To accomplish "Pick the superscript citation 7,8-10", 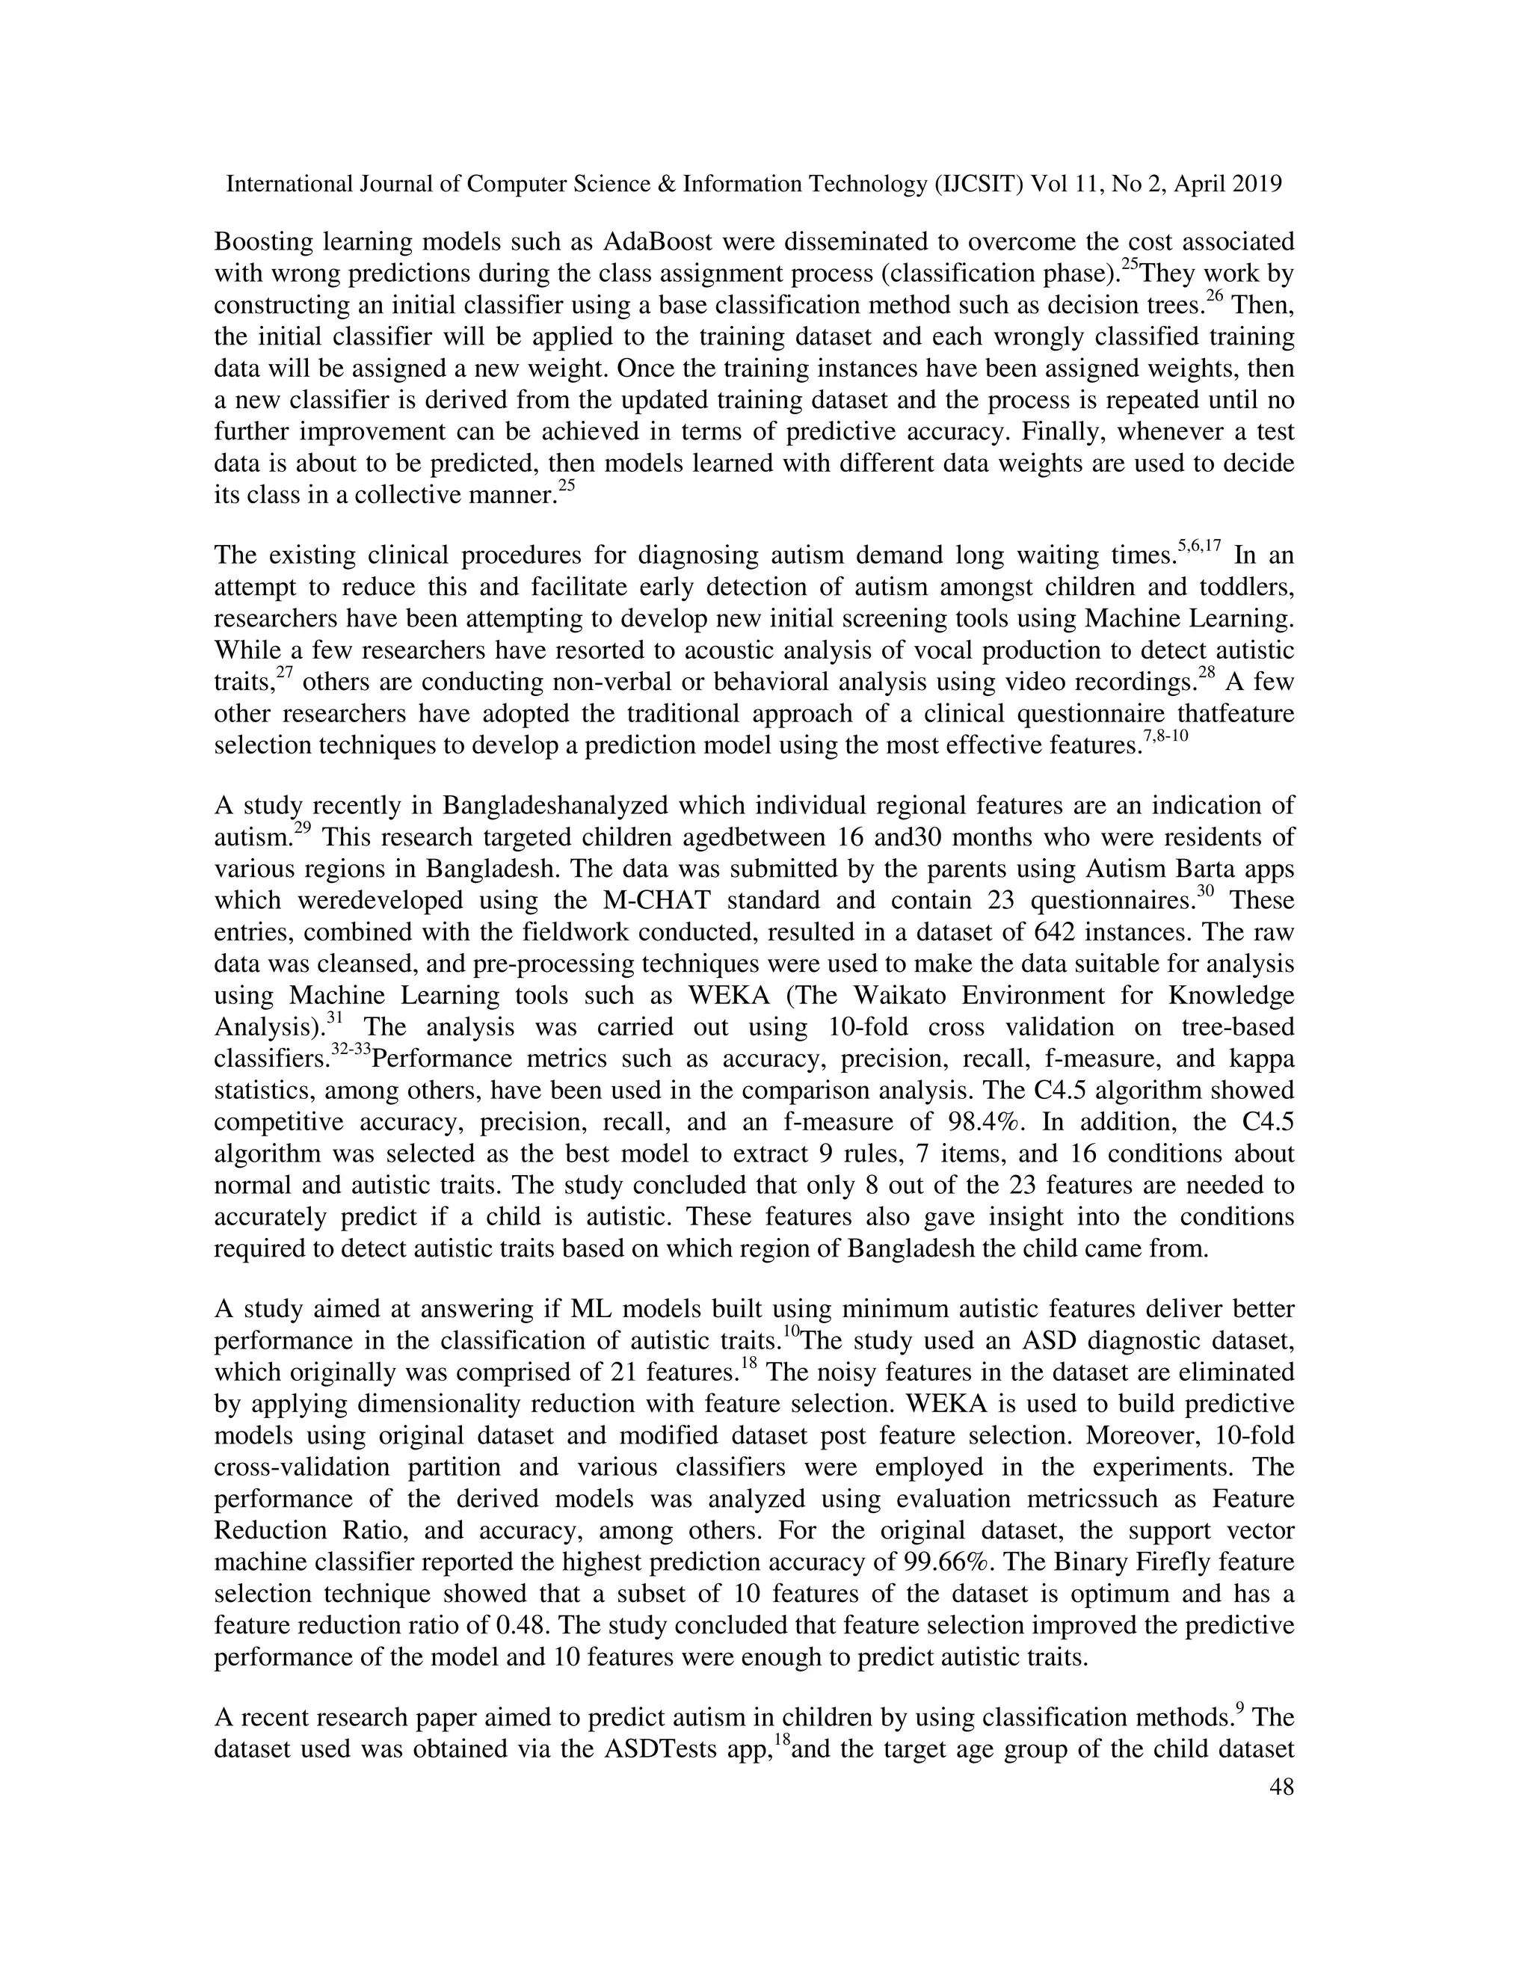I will coord(1165,737).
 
